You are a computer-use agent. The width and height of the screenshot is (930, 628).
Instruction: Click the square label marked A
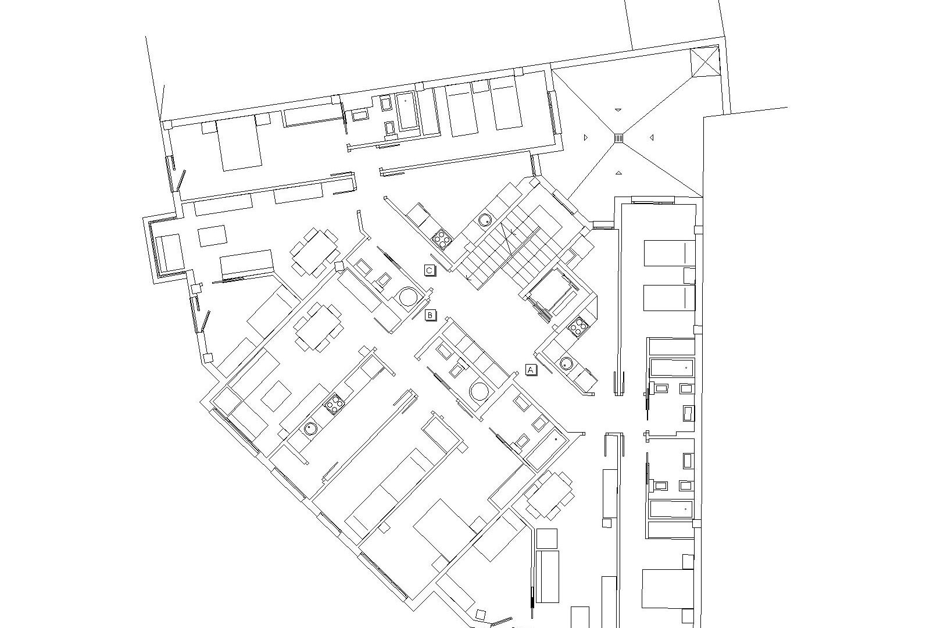coord(531,369)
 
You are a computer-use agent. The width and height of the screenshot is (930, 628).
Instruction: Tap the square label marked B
coord(430,315)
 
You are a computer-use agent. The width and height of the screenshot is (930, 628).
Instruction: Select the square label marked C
coord(429,270)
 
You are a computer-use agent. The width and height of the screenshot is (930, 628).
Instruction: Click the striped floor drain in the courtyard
coord(618,138)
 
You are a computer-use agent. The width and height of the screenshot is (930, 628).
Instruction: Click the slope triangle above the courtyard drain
coord(618,109)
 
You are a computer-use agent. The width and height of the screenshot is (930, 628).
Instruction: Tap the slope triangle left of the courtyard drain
coord(585,137)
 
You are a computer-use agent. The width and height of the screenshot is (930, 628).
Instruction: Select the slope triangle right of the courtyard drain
coord(652,137)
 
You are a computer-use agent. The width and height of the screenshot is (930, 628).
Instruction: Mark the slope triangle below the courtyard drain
coord(618,172)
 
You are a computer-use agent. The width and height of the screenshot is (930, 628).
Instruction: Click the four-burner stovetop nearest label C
coord(442,238)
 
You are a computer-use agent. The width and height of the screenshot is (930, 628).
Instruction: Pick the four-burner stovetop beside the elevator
coord(578,328)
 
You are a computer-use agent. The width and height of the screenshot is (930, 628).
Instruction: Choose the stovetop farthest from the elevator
coord(334,403)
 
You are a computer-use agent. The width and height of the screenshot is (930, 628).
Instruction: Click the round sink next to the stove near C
coord(485,220)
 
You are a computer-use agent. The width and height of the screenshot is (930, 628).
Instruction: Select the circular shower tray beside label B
coord(408,297)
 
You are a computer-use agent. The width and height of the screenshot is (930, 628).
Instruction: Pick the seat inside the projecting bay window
coord(167,252)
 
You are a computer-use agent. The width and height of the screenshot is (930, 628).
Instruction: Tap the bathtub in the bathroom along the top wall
coord(406,110)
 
